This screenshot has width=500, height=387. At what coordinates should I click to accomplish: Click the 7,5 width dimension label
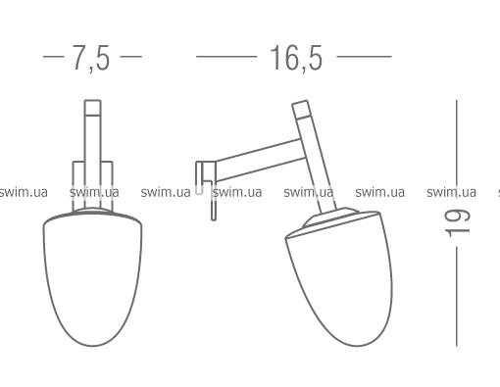tap(91, 58)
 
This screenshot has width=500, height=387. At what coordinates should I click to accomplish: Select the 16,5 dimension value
tap(296, 58)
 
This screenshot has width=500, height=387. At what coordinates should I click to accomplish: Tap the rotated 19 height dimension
tap(457, 222)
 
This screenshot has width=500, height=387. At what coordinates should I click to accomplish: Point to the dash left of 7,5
tap(54, 57)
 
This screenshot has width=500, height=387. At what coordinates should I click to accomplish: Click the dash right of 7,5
tap(131, 57)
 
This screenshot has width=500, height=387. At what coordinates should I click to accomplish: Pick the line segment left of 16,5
tap(226, 57)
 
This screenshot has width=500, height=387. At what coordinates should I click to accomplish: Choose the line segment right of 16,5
tap(364, 57)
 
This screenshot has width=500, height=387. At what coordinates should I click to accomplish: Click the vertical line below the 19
tap(457, 296)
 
